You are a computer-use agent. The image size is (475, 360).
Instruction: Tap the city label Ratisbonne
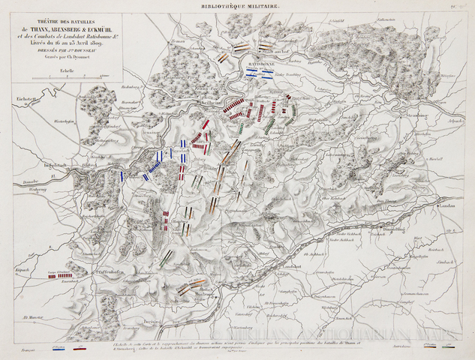260,65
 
